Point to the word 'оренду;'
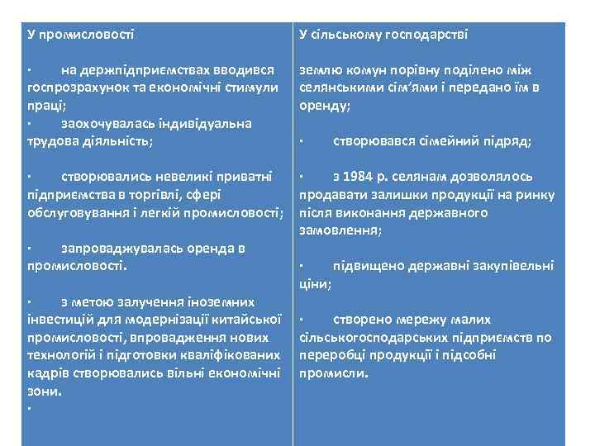[325, 106]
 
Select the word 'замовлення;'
[340, 230]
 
